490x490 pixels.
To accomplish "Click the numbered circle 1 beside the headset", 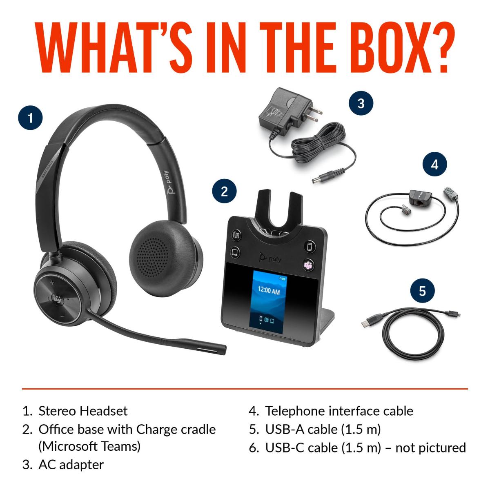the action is pos(31,118).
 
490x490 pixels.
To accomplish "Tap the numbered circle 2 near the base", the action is pos(224,191).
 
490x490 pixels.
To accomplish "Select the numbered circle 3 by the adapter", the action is pos(361,103).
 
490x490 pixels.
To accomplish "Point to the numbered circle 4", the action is pos(434,164).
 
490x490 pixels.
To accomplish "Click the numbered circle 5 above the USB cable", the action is pos(423,291).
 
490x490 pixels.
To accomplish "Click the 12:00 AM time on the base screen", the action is pos(269,290).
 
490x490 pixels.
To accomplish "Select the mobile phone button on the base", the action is pos(310,246).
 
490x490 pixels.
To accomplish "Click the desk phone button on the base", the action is pos(237,234).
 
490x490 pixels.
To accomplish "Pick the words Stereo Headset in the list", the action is pos(83,411).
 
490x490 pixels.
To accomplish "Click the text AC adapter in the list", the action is pos(71,465).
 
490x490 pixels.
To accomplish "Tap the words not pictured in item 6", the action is pos(430,448).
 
